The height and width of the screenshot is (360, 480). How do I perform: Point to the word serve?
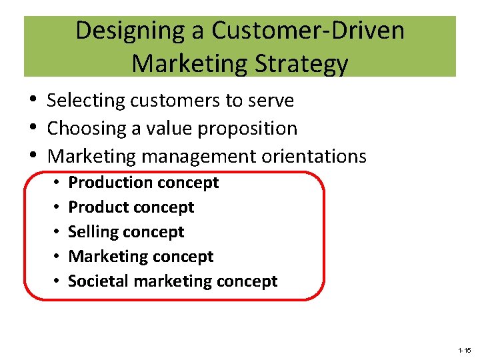tap(271, 101)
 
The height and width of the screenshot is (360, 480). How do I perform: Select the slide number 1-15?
tap(464, 350)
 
